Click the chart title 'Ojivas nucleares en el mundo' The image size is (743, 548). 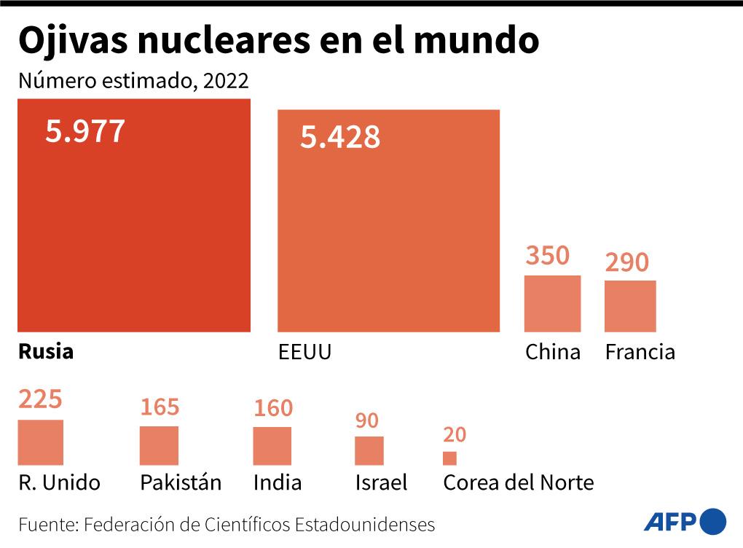(278, 42)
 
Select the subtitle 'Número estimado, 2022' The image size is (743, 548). (133, 80)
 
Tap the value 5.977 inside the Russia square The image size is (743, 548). (85, 132)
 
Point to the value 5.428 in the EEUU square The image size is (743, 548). (339, 137)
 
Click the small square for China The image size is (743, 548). (553, 304)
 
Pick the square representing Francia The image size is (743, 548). (630, 306)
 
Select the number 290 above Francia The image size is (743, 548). (626, 262)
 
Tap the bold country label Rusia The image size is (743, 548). (46, 352)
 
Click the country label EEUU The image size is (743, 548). (304, 353)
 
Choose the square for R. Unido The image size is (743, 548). (41, 443)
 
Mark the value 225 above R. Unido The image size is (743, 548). (40, 400)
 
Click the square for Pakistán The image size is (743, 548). (159, 446)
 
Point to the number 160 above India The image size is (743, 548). (272, 409)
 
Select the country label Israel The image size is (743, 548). (381, 482)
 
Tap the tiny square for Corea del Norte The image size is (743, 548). (449, 458)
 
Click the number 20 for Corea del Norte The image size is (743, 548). (454, 435)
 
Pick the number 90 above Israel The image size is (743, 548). (366, 421)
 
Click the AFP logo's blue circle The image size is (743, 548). (712, 521)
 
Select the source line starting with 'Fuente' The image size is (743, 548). (227, 525)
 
